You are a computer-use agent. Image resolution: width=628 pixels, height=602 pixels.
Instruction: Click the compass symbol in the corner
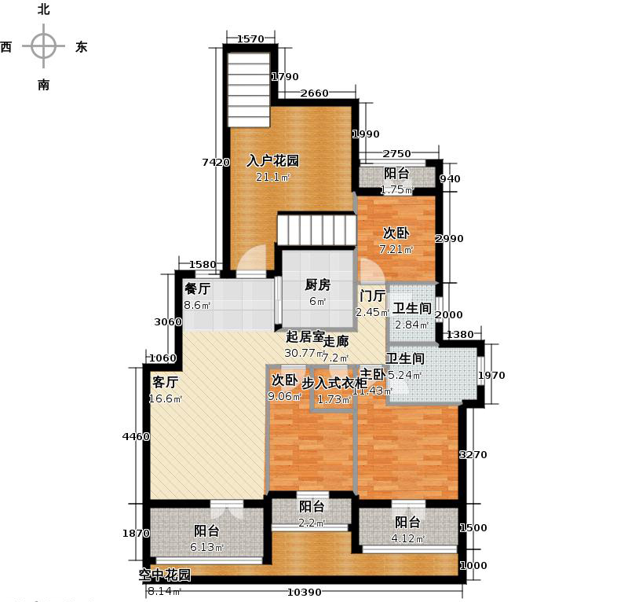pyautogui.click(x=43, y=46)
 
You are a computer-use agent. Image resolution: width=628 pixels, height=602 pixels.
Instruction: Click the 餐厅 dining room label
pyautogui.click(x=196, y=288)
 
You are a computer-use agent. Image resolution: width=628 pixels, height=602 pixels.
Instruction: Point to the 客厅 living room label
pyautogui.click(x=166, y=383)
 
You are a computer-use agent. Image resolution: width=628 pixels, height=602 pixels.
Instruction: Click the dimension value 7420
pyautogui.click(x=215, y=163)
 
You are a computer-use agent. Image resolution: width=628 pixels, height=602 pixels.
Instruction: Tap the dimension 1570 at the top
pyautogui.click(x=250, y=39)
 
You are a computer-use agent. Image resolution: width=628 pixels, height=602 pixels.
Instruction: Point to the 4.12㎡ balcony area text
pyautogui.click(x=407, y=539)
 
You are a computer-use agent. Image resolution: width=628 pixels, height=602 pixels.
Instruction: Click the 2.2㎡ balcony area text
pyautogui.click(x=312, y=523)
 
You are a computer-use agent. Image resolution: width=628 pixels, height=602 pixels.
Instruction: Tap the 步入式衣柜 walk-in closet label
pyautogui.click(x=334, y=383)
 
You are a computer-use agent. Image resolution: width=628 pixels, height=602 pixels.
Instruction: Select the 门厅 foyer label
pyautogui.click(x=372, y=296)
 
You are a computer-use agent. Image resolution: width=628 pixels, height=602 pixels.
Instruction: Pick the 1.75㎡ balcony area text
pyautogui.click(x=396, y=189)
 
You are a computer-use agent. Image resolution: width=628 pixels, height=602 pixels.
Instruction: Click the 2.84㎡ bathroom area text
pyautogui.click(x=411, y=325)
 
